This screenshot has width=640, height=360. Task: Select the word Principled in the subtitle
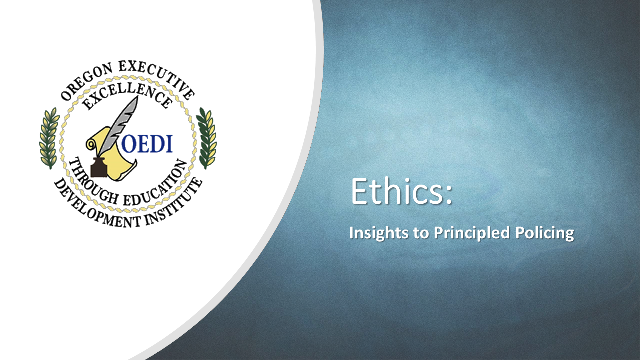[x=472, y=233]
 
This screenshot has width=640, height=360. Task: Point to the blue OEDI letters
[x=147, y=144]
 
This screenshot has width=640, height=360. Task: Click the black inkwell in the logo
[x=99, y=167]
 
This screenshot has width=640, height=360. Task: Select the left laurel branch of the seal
[x=49, y=138]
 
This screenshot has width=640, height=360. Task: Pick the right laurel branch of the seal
[x=207, y=138]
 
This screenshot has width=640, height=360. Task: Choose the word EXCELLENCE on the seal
[x=127, y=95]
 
